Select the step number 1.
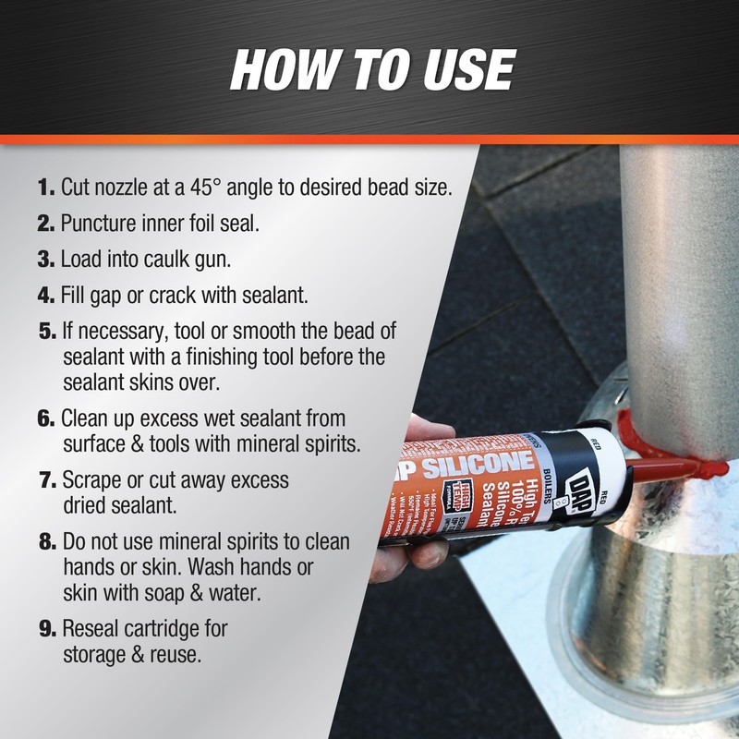[x=46, y=188]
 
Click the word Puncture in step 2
[x=98, y=224]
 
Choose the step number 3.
[x=47, y=260]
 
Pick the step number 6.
[x=47, y=418]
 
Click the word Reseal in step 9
[x=91, y=629]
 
